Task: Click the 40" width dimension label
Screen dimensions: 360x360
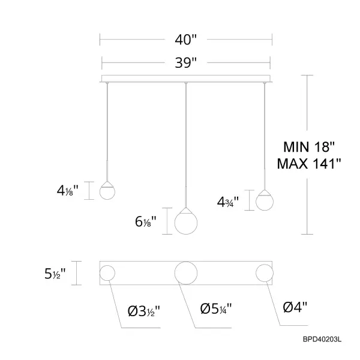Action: (x=186, y=40)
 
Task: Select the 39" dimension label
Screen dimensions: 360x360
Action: (x=186, y=62)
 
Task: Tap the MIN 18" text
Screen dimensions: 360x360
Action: (x=309, y=147)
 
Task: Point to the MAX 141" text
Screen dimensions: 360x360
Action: (x=309, y=164)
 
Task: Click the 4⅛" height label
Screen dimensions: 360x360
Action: (x=67, y=190)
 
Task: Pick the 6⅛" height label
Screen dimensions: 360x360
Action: (x=146, y=222)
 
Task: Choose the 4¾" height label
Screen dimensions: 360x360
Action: (x=228, y=202)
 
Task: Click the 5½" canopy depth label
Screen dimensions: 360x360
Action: (x=55, y=274)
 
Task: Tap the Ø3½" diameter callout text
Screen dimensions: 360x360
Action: (x=144, y=311)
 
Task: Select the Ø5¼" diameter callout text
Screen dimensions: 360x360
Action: (x=216, y=308)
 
